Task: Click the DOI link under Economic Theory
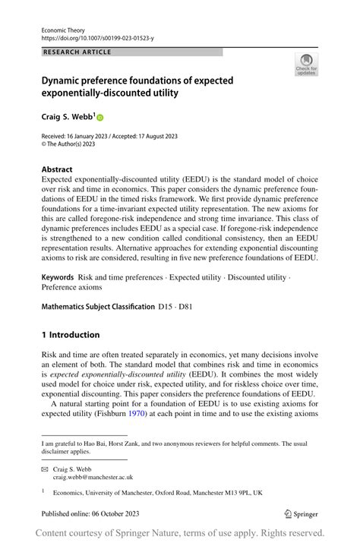[x=96, y=37]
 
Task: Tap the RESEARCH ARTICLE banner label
[x=78, y=52]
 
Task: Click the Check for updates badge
[x=306, y=65]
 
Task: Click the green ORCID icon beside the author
[x=100, y=118]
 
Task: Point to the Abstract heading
[x=57, y=169]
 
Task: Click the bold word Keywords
[x=58, y=278]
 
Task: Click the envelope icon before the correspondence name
[x=44, y=469]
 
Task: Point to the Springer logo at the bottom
[x=300, y=514]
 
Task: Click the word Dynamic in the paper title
[x=65, y=80]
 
